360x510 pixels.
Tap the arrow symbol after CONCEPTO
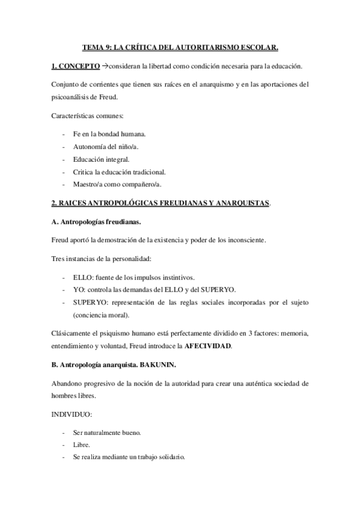(105, 65)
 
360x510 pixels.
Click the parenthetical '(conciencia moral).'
(101, 315)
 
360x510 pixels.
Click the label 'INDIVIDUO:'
(72, 415)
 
